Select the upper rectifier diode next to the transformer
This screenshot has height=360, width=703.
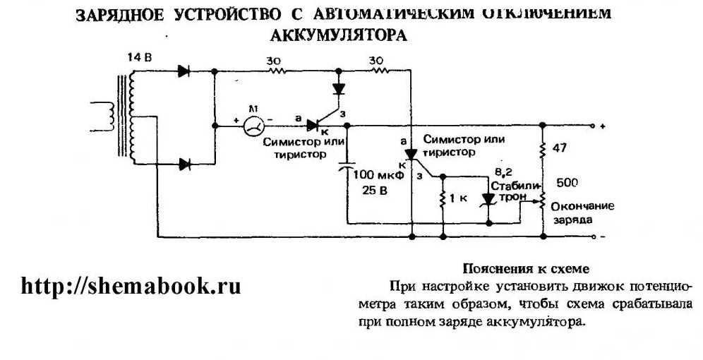tap(185, 71)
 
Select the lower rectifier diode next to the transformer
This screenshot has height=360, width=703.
tap(185, 164)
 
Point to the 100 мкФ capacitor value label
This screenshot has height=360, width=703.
tap(378, 174)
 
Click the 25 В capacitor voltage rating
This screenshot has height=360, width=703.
tap(368, 188)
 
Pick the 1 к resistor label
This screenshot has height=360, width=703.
tap(458, 200)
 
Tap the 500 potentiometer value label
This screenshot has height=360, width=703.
tap(567, 182)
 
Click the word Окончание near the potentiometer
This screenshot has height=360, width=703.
tap(582, 207)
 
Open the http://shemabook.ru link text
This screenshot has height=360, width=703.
tap(131, 286)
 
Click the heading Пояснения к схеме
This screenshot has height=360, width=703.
tap(524, 268)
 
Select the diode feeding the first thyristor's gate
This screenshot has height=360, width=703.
tap(339, 90)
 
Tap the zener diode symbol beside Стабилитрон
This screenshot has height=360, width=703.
tap(487, 199)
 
